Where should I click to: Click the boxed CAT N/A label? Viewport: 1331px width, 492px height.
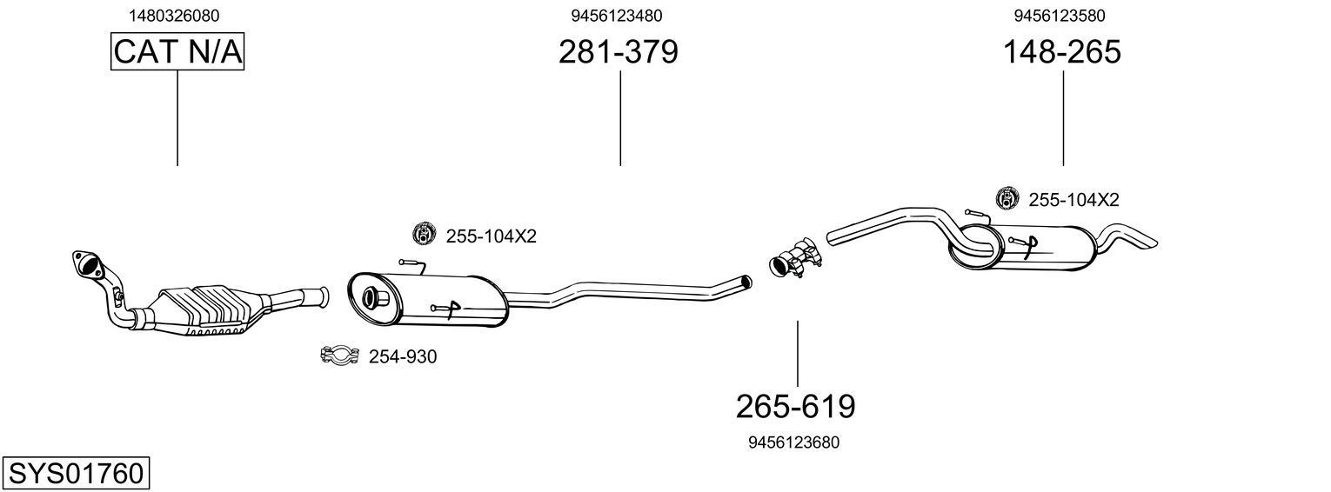[177, 52]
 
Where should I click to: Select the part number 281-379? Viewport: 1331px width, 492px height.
[618, 53]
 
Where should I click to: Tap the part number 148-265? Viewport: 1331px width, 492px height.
[1061, 53]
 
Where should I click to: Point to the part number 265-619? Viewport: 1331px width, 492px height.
[795, 406]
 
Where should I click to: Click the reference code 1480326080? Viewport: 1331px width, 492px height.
[174, 16]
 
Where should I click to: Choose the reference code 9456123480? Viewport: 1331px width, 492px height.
[617, 16]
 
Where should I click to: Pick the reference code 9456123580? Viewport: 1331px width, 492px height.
[1060, 16]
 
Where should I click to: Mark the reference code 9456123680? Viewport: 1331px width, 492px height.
[793, 442]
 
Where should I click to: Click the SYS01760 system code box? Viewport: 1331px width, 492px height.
[75, 474]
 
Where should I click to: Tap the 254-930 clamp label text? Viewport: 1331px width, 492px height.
[403, 356]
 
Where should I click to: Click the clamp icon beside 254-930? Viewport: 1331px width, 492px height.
[339, 356]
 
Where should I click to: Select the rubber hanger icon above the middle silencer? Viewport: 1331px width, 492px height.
[423, 235]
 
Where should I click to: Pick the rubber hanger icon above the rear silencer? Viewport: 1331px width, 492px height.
[1007, 199]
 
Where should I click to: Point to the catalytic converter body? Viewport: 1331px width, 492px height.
[213, 310]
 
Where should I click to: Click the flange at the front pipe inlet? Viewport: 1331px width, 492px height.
[85, 263]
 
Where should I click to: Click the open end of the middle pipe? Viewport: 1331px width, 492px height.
[746, 282]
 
